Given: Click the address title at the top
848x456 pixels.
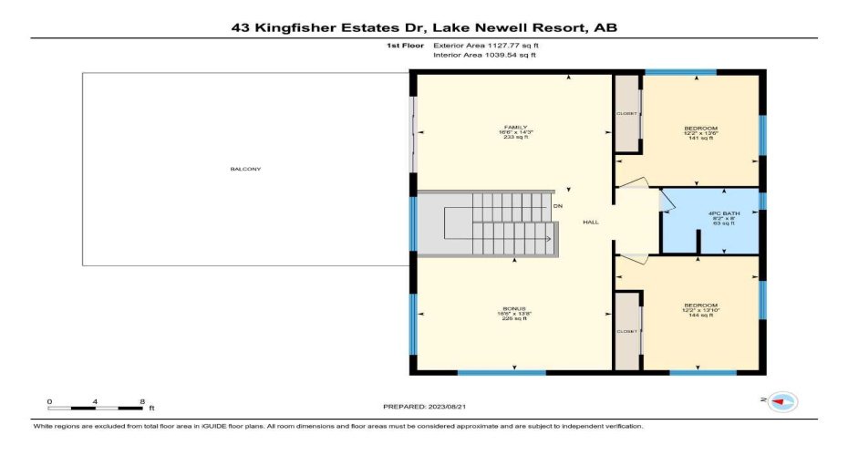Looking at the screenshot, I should (424, 28).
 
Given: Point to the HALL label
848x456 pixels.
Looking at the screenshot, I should (591, 222).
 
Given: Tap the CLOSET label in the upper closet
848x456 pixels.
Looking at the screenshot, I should (627, 113).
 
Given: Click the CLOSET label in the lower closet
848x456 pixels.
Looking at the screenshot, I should (627, 332).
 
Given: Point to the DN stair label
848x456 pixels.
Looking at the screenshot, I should (558, 206).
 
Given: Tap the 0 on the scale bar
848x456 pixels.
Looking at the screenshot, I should (50, 401).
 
